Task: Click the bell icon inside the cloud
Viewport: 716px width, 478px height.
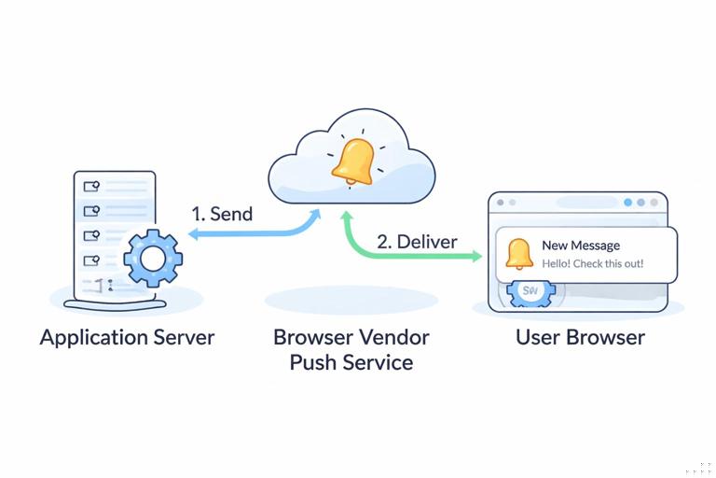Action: tap(353, 162)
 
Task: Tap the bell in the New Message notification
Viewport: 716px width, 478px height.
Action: tap(518, 254)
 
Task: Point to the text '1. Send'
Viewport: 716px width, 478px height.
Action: tap(222, 214)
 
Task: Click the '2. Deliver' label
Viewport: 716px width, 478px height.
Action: tap(417, 242)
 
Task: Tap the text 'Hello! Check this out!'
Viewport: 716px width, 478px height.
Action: tap(592, 264)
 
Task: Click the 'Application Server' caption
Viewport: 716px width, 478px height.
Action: tap(127, 337)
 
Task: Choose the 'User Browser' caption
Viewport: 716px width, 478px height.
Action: tap(580, 337)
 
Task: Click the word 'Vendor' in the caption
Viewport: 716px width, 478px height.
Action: tap(394, 337)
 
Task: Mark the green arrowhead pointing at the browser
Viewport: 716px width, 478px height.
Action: tap(476, 256)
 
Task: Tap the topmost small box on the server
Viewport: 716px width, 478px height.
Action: tap(91, 186)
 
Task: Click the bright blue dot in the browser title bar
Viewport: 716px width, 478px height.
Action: tap(627, 203)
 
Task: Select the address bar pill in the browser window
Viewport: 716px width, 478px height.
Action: tap(563, 203)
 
